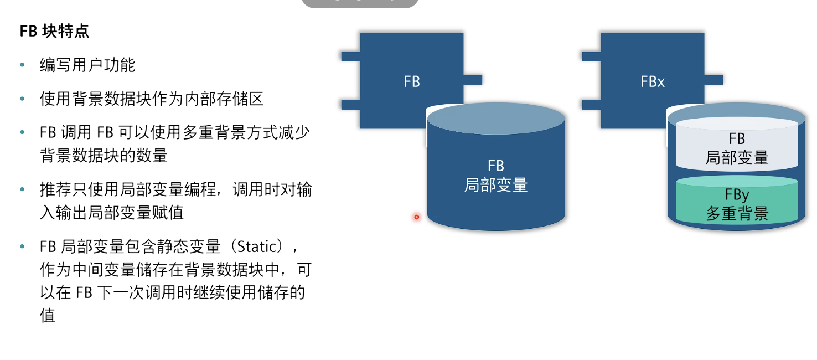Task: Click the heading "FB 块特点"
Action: pos(54,31)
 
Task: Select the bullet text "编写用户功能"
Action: pos(87,65)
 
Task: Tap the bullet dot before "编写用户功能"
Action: pos(22,65)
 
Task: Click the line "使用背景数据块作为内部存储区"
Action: pos(151,99)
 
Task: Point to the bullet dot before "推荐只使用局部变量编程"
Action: pos(22,189)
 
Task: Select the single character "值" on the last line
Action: pos(48,316)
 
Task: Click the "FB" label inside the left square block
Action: pos(412,82)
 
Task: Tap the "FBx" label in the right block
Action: pos(652,82)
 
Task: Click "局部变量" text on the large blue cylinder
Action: pos(496,184)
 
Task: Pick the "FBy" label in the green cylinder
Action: pos(737,195)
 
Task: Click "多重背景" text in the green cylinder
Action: pos(737,214)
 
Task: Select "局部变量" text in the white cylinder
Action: pos(737,158)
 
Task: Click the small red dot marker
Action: pos(416,217)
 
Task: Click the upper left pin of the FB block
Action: pos(350,56)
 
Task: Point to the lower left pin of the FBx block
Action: pos(591,105)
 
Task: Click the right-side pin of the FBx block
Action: pos(713,80)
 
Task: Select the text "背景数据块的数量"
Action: pos(104,156)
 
